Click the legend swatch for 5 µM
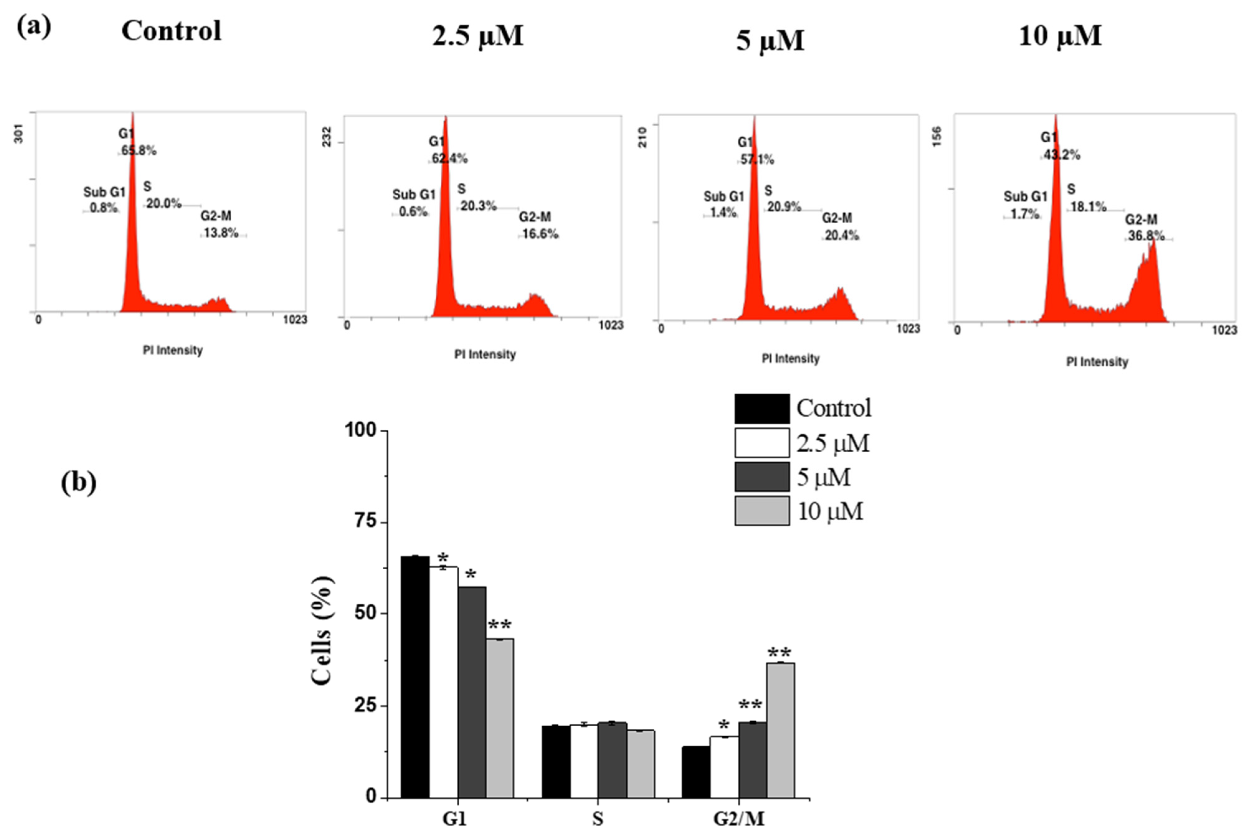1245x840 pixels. click(761, 477)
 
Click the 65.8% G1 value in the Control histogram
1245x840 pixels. click(139, 150)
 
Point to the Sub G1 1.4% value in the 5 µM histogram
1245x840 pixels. click(723, 213)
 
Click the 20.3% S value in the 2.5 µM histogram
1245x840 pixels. click(478, 206)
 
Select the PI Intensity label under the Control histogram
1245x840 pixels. click(173, 350)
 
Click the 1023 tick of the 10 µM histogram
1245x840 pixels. click(1224, 330)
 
